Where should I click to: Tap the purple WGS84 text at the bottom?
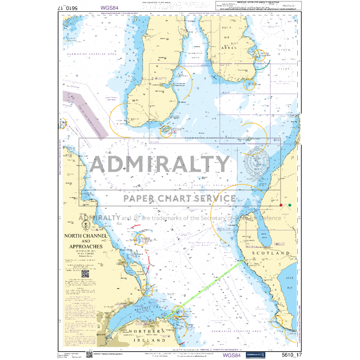231,354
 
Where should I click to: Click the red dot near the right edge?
281,205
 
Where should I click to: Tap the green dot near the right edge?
290,205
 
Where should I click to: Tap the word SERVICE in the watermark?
210,199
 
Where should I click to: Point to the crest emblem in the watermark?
256,164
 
